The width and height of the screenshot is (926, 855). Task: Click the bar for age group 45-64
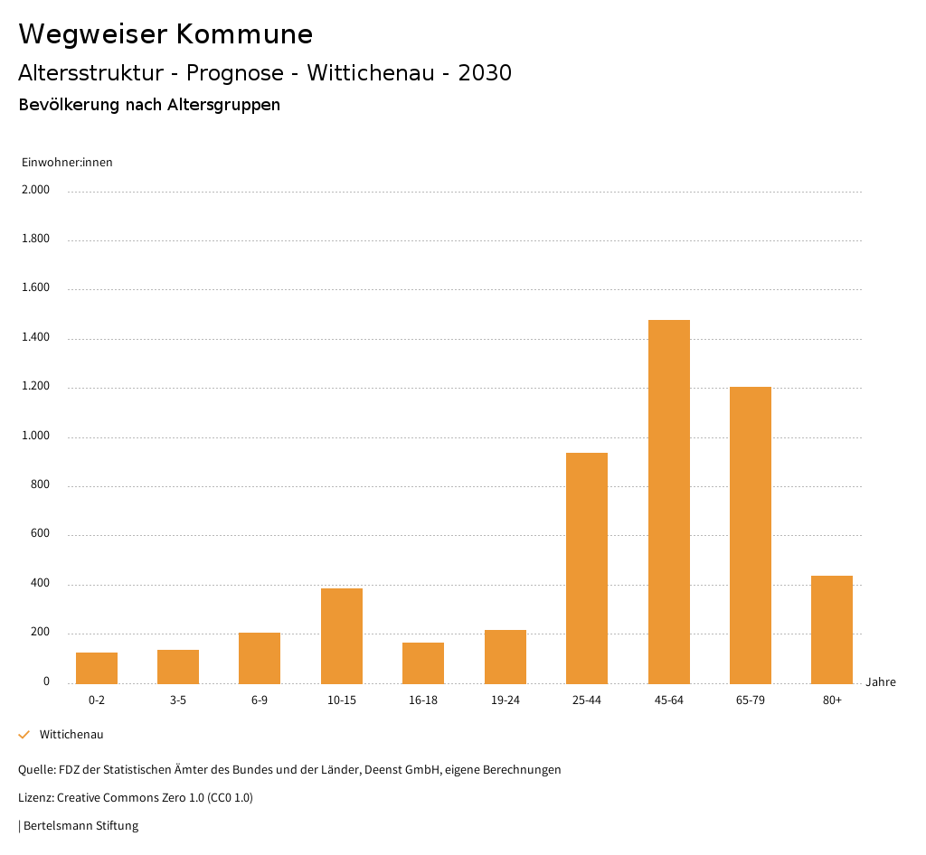coord(668,502)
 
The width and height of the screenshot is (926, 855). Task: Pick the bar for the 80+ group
coord(831,629)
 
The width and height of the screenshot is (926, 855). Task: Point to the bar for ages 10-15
coord(342,635)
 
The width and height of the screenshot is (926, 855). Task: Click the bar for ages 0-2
coord(97,668)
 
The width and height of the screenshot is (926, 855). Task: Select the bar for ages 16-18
coord(423,662)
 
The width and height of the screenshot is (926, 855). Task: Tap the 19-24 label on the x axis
coord(505,700)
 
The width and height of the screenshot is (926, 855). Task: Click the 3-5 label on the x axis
coord(178,700)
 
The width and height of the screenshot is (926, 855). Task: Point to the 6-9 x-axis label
coord(260,700)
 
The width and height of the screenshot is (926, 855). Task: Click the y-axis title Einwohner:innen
coord(67,163)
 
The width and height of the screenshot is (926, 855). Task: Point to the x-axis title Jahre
coord(880,682)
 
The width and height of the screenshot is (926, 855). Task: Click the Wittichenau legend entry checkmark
coord(24,735)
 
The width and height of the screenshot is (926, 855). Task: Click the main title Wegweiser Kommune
coord(165,34)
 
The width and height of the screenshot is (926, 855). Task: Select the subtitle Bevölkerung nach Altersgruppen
coord(149,105)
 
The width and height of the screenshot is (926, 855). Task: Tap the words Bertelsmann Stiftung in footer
coord(80,825)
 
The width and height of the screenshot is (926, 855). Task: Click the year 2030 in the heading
coord(485,73)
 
